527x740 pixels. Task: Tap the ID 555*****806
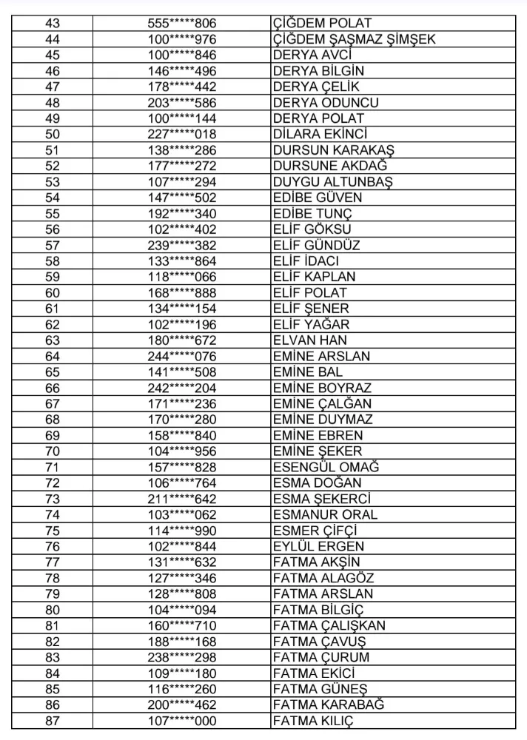[182, 24]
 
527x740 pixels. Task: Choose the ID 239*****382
[182, 246]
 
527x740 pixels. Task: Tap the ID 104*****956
[182, 451]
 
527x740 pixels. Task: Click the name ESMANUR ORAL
[325, 515]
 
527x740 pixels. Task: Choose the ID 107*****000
[182, 721]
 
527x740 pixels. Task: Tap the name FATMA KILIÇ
[314, 721]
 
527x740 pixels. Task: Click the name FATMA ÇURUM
[320, 657]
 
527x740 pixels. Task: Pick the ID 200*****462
[182, 704]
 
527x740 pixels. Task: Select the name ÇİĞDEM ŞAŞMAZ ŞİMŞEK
[354, 40]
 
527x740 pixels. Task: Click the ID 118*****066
[182, 277]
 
